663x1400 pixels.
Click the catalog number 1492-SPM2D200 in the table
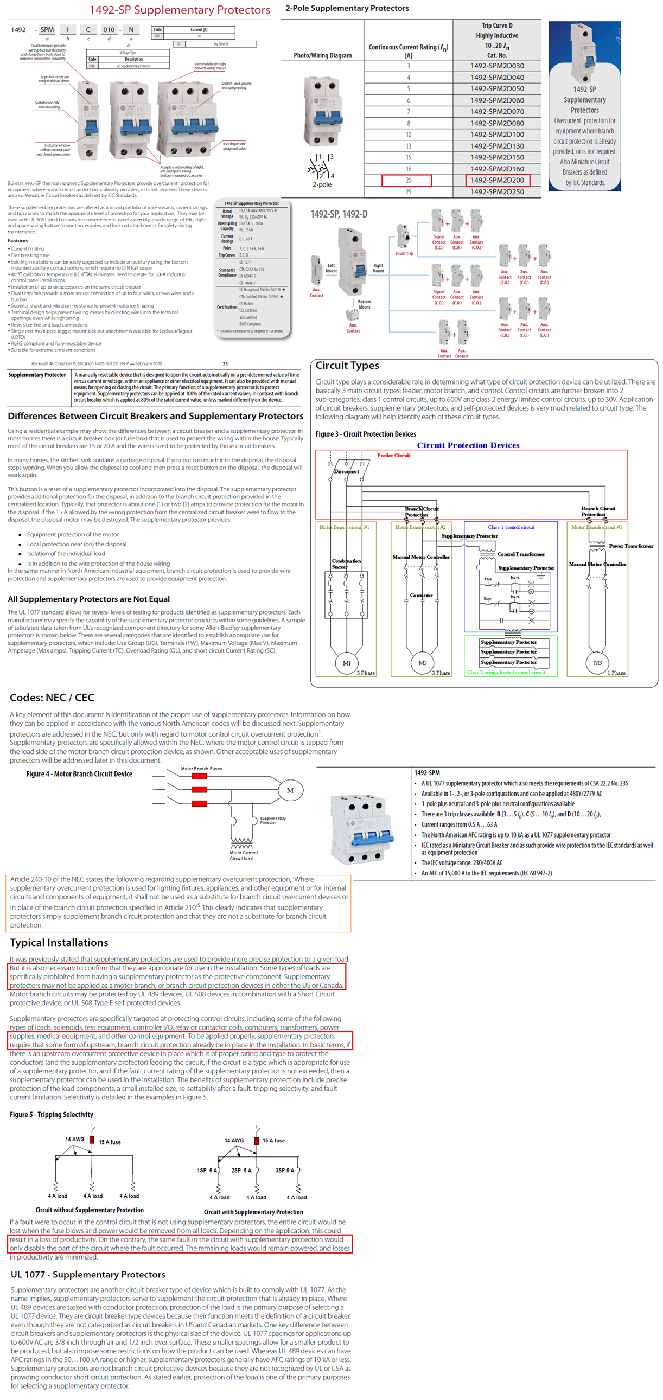pyautogui.click(x=496, y=181)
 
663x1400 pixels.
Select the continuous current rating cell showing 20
pyautogui.click(x=408, y=181)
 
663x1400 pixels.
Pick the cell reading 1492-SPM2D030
pyautogui.click(x=496, y=66)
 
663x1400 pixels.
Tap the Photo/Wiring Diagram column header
pyautogui.click(x=322, y=55)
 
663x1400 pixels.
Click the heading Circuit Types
pyautogui.click(x=347, y=366)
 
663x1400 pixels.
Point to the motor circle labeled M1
pyautogui.click(x=346, y=663)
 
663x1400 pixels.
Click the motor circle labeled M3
pyautogui.click(x=597, y=662)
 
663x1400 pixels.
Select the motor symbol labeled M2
pyautogui.click(x=422, y=663)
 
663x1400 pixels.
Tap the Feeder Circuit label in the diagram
pyautogui.click(x=393, y=456)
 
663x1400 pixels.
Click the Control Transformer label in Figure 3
pyautogui.click(x=521, y=554)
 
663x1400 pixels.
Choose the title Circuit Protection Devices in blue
pyautogui.click(x=468, y=445)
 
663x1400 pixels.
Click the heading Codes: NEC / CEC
pyautogui.click(x=52, y=697)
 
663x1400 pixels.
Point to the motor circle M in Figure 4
pyautogui.click(x=290, y=790)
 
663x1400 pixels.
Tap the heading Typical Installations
pyautogui.click(x=59, y=942)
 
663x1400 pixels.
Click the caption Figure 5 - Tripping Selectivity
pyautogui.click(x=51, y=1114)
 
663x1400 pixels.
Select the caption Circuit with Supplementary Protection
pyautogui.click(x=253, y=1212)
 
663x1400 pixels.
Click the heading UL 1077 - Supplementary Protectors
pyautogui.click(x=87, y=1275)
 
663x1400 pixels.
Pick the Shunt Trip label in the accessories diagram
pyautogui.click(x=404, y=253)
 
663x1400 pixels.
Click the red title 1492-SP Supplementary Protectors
pyautogui.click(x=180, y=10)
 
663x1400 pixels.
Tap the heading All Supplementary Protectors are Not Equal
pyautogui.click(x=88, y=599)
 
